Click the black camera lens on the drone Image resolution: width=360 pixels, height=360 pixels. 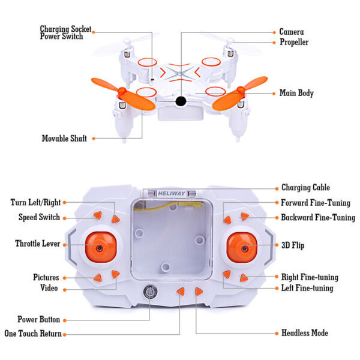181,101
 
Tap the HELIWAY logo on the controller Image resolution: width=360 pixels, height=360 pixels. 172,194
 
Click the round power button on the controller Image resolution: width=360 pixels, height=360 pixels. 150,292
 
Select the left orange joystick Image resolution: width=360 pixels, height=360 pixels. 100,247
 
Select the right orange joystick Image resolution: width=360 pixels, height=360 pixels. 242,247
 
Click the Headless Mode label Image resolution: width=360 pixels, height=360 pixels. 305,333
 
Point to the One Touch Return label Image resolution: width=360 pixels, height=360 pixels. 33,334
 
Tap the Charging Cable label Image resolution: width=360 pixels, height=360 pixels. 305,187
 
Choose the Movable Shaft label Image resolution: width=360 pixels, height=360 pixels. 64,139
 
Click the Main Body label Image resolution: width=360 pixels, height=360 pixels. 296,93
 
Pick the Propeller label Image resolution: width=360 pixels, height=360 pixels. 294,42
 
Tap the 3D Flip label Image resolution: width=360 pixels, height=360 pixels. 293,245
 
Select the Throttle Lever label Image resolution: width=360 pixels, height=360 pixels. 38,244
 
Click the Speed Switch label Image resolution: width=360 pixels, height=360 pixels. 39,217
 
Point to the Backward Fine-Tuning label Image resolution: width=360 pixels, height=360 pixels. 318,217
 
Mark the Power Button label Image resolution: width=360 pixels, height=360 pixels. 39,319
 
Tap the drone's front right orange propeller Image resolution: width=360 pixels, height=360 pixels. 239,93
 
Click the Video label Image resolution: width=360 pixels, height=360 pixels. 49,288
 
